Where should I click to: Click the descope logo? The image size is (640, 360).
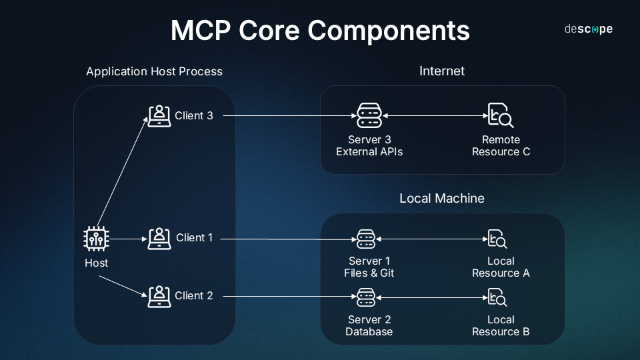[588, 29]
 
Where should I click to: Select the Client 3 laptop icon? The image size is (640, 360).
[159, 115]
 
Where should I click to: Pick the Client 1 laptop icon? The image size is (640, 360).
[159, 238]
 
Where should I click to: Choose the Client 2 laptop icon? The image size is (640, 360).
[159, 296]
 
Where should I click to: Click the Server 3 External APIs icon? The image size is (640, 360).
[369, 115]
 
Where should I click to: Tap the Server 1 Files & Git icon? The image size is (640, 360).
[366, 238]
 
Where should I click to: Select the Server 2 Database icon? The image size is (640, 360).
[366, 296]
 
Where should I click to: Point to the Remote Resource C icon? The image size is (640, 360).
[500, 115]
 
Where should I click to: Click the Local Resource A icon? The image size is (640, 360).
[497, 238]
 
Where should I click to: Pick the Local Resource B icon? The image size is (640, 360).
[497, 296]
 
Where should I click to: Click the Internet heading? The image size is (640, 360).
[441, 71]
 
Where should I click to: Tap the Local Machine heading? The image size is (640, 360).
[441, 199]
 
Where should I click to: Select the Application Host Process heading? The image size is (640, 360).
[154, 71]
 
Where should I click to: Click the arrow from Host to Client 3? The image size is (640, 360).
[123, 173]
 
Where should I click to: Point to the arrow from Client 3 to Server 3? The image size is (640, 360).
[287, 115]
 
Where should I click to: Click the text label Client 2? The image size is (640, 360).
[194, 295]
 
